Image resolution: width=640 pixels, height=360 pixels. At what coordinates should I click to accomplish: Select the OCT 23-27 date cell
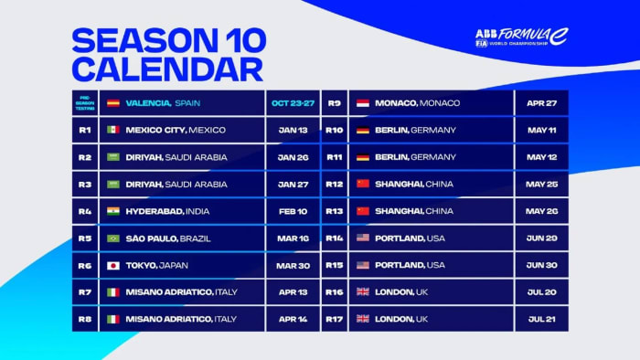tap(292, 103)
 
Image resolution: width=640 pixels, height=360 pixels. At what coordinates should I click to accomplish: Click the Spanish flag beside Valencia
tap(113, 103)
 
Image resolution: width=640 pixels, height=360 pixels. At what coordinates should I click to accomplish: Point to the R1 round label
tap(84, 130)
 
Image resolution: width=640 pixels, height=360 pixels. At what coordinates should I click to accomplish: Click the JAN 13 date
tap(292, 130)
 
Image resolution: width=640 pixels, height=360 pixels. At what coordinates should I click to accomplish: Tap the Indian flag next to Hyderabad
tap(113, 211)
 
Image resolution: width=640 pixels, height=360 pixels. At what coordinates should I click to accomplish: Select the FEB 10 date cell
tap(292, 211)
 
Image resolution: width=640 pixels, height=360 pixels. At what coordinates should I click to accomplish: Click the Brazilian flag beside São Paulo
tap(113, 238)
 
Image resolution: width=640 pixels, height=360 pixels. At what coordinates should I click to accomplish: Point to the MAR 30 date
tap(292, 265)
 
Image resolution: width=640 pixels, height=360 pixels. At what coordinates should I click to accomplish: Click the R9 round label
tap(334, 103)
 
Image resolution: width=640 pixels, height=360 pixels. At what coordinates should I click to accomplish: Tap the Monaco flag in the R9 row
tap(362, 103)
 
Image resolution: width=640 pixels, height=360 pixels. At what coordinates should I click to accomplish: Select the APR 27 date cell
tap(541, 103)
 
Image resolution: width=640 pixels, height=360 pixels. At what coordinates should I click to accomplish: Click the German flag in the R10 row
tap(362, 130)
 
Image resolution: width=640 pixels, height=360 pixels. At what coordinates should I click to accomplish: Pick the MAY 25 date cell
tap(541, 184)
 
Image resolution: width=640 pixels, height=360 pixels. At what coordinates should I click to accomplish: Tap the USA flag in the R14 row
tap(362, 238)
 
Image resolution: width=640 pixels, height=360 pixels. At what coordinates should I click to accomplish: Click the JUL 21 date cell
tap(541, 319)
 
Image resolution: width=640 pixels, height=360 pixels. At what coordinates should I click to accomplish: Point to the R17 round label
tap(334, 319)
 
